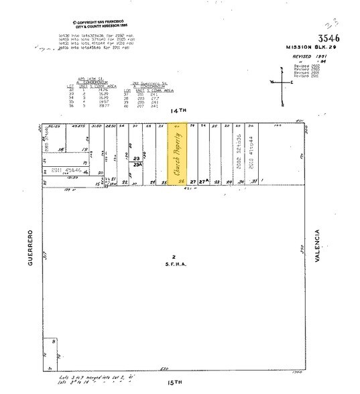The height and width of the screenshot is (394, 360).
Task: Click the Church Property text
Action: [178, 153]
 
